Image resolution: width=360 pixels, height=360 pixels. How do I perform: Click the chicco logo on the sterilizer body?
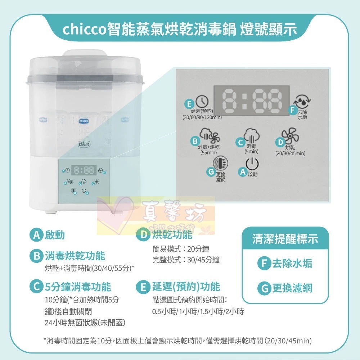(x=84, y=144)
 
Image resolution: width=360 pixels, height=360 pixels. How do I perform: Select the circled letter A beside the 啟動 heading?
(x=36, y=235)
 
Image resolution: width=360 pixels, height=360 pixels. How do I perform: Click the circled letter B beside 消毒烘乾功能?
(x=36, y=256)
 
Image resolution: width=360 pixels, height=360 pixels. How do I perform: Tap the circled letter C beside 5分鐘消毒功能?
(x=36, y=287)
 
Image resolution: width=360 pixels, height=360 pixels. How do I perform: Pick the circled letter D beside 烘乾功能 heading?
(x=144, y=235)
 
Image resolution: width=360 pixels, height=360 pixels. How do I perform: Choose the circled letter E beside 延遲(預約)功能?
(x=143, y=287)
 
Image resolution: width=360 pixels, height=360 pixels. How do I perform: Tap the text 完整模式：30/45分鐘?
(x=186, y=260)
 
